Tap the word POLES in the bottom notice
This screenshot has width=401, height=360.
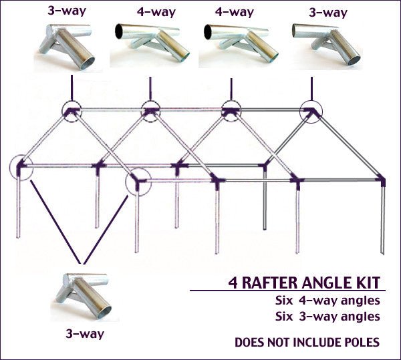coord(359,343)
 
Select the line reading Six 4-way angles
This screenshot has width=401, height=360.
coord(327,300)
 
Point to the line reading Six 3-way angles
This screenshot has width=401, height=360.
coord(327,316)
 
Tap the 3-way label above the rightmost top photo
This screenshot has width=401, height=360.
coord(327,12)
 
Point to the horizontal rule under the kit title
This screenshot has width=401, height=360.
coord(287,291)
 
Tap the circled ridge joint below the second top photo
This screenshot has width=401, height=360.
coord(151,111)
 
